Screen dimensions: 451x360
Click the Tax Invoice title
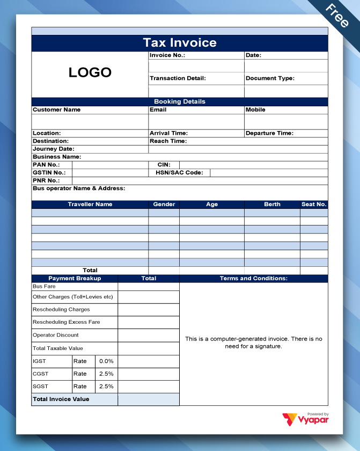click(180, 43)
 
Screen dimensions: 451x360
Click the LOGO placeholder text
click(90, 72)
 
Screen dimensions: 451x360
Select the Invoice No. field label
click(167, 55)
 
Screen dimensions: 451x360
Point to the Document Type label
click(270, 78)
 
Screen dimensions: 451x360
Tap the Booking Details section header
click(180, 101)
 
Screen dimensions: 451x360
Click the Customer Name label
click(57, 110)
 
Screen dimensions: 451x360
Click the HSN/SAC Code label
click(179, 173)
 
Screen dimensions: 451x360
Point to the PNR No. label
click(46, 181)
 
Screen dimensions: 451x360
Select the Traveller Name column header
click(90, 205)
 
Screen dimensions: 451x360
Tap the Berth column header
click(272, 205)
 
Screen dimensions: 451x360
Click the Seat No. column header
click(314, 205)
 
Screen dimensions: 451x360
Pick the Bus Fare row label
click(44, 287)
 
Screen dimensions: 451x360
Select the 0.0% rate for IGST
click(106, 361)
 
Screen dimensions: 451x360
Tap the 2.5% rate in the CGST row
click(106, 374)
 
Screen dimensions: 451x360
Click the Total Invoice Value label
click(61, 399)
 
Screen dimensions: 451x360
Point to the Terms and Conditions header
click(254, 279)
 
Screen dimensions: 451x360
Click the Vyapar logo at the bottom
click(306, 419)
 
